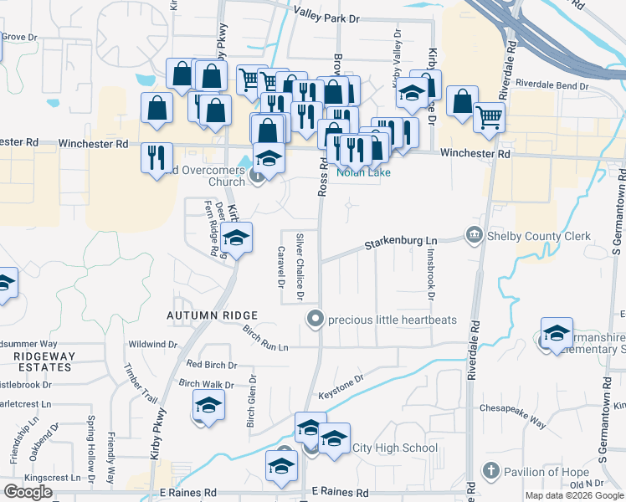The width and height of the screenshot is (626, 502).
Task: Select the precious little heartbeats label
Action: pyautogui.click(x=382, y=319)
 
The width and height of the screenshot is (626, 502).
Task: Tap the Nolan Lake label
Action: pyautogui.click(x=358, y=172)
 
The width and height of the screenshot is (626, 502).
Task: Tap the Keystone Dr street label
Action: pyautogui.click(x=341, y=381)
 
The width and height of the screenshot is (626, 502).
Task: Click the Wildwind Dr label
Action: pyautogui.click(x=152, y=344)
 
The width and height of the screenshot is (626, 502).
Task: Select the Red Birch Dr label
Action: pyautogui.click(x=211, y=365)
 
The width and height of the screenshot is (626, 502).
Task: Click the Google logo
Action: pyautogui.click(x=28, y=491)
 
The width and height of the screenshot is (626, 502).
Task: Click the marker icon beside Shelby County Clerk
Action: pyautogui.click(x=475, y=235)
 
